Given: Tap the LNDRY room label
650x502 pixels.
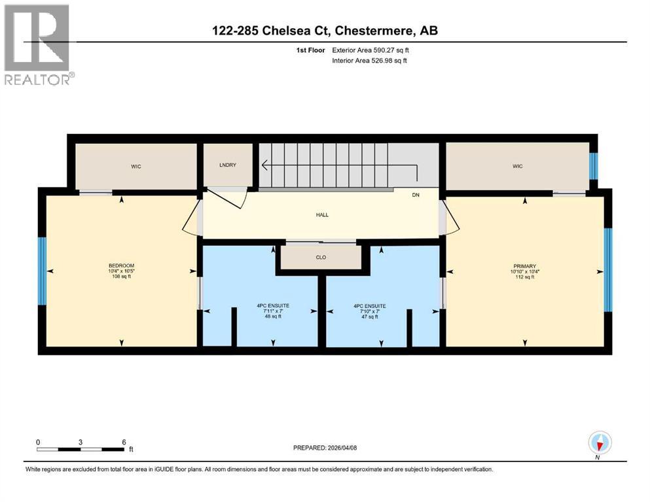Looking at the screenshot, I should coord(227,165).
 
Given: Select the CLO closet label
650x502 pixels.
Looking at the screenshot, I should coord(321,258).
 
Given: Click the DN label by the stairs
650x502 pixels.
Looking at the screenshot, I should coord(415,195).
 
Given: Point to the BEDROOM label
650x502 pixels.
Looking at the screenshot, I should coord(121,265).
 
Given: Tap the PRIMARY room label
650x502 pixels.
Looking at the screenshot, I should coord(524,266).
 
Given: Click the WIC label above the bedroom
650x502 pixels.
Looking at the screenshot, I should coord(135,167).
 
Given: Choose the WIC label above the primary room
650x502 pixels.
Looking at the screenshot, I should coord(516,166).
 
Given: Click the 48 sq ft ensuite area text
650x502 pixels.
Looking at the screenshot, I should coord(272,316).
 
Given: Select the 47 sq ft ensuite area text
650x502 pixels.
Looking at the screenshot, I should coord(370,316).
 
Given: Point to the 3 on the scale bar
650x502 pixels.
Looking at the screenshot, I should coord(80,442).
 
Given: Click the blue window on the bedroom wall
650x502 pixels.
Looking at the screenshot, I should coord(42,271).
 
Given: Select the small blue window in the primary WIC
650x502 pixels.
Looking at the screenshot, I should coord(593,166).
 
